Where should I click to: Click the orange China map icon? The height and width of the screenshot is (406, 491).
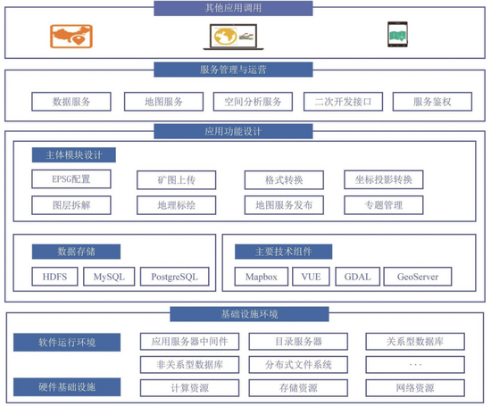(x=71, y=37)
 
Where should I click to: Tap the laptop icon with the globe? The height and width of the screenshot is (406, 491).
(x=233, y=37)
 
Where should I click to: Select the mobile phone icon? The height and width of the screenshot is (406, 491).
(x=397, y=35)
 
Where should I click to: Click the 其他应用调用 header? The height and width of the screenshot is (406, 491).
(x=233, y=8)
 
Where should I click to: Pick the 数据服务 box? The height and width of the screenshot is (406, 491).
(x=71, y=102)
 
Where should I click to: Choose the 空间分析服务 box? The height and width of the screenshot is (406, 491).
(x=253, y=102)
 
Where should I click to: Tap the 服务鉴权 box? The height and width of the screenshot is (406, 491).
(x=432, y=102)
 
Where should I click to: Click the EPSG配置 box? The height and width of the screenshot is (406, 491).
(x=71, y=179)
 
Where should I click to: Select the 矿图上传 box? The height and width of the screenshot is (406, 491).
(x=176, y=180)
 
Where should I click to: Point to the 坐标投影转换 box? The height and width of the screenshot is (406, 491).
(x=384, y=179)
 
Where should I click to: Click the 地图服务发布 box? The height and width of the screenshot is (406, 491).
(x=284, y=205)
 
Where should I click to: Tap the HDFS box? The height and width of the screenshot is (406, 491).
(x=54, y=277)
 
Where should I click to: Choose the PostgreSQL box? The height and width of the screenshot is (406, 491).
(x=175, y=277)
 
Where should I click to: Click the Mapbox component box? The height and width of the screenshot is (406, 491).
(x=262, y=277)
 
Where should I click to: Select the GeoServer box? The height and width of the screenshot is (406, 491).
(x=418, y=277)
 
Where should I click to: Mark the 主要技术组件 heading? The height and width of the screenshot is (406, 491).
(x=283, y=252)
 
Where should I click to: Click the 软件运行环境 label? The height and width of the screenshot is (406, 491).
(x=67, y=342)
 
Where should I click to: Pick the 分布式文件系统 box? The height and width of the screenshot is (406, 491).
(x=298, y=365)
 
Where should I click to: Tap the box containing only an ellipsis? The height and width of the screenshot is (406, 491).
(x=415, y=365)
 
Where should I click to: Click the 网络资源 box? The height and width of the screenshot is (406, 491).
(x=415, y=388)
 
